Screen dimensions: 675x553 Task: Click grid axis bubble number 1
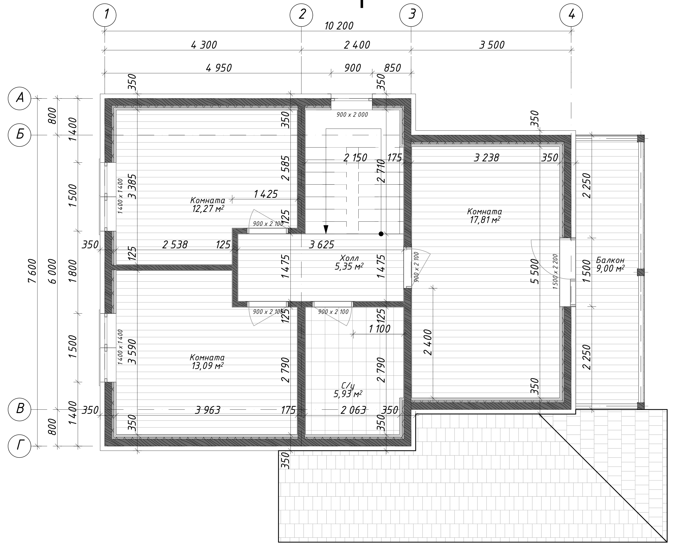click(105, 15)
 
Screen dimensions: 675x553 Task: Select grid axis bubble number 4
click(572, 15)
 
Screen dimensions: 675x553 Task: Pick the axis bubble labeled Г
click(20, 446)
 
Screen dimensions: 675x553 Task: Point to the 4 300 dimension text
click(204, 45)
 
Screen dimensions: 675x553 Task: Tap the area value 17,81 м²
click(485, 220)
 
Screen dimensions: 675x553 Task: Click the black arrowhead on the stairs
click(326, 229)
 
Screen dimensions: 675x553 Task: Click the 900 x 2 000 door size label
click(352, 115)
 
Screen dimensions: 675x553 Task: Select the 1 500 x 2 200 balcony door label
click(555, 271)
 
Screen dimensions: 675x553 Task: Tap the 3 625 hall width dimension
click(321, 245)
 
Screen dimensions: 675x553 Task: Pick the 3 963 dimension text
click(208, 410)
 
